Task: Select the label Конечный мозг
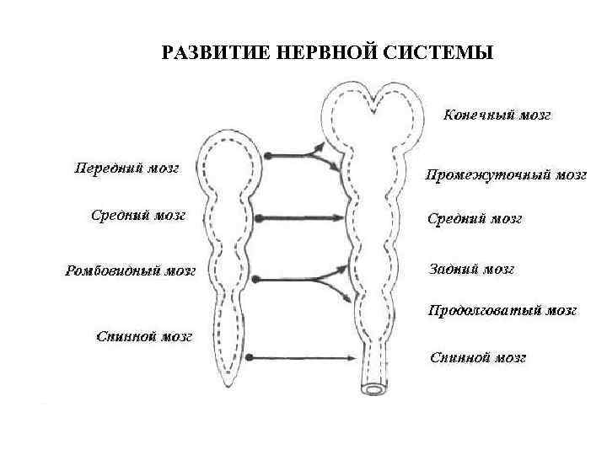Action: (x=497, y=115)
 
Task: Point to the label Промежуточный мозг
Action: (x=506, y=175)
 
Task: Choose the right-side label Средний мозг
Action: (x=475, y=219)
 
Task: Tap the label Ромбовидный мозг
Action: (x=130, y=271)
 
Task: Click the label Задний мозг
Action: (x=471, y=269)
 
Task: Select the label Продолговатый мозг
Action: (x=502, y=310)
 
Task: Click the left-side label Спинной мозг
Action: (x=144, y=336)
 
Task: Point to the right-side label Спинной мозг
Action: (x=478, y=357)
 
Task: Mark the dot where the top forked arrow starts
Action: (x=266, y=156)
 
